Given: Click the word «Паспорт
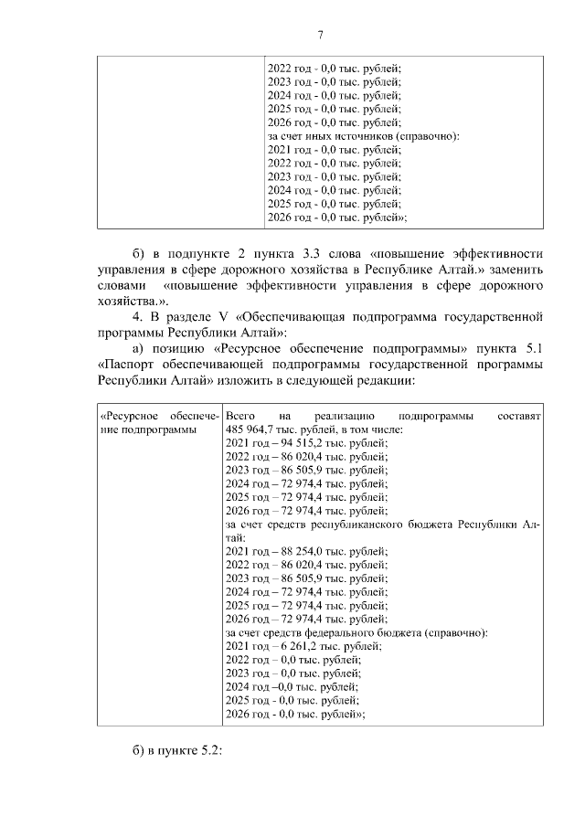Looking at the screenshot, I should pos(131,364).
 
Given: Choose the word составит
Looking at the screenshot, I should pos(520,416).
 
